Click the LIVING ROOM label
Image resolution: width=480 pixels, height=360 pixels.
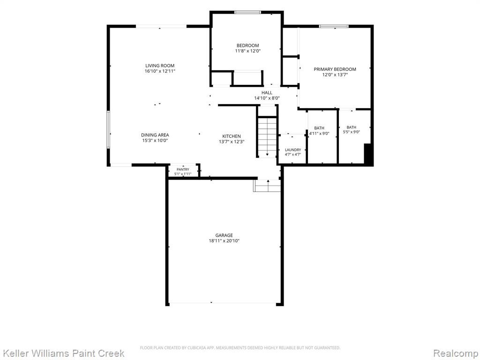pos(160,66)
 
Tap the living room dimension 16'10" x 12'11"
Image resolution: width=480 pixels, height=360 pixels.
pos(160,71)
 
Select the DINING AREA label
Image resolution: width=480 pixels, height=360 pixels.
pos(155,135)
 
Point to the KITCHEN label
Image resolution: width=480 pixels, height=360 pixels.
pos(232,136)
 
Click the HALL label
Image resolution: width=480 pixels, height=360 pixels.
pos(267,93)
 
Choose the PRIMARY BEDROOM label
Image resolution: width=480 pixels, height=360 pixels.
pos(335,69)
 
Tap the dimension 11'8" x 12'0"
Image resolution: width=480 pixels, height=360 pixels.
pos(247,51)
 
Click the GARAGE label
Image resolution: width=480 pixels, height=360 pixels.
pos(224,235)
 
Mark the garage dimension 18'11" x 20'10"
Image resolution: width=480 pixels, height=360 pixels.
pos(224,241)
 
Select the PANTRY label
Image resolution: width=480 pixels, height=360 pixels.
pos(183,170)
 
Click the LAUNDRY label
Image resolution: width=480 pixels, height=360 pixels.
pos(293,150)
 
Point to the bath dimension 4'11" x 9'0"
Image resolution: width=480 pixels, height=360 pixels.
pos(319,134)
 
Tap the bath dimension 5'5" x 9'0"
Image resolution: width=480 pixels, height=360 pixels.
pos(352,132)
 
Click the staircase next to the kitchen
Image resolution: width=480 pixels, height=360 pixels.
pos(267,137)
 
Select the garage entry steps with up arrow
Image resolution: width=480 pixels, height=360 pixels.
pos(267,186)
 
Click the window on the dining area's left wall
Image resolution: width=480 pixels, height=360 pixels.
pos(108,129)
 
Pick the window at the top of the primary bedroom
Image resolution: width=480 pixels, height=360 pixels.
pos(334,26)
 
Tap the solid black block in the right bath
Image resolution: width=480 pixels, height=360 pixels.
pos(368,154)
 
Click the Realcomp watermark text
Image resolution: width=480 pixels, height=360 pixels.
pos(456,353)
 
